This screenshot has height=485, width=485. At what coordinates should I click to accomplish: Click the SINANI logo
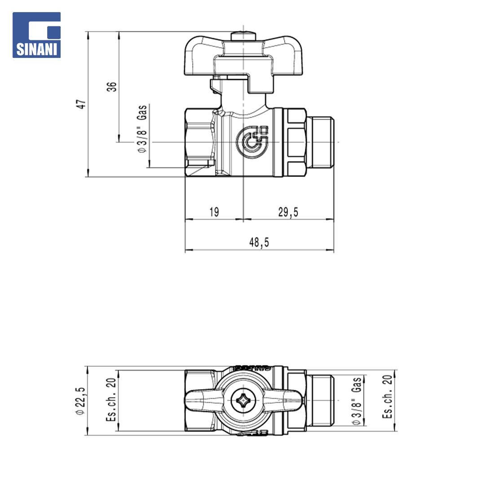(36, 35)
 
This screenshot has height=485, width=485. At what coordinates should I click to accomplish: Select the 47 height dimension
(81, 104)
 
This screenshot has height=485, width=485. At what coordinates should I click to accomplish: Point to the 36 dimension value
(112, 87)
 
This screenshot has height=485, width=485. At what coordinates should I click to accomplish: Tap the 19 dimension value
(214, 212)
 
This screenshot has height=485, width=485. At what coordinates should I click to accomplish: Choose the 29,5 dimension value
(288, 212)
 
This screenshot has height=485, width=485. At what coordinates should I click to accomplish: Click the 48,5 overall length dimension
(259, 242)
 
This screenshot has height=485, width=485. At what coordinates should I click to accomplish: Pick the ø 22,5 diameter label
(80, 401)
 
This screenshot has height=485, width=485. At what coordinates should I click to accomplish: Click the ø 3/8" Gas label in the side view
(142, 129)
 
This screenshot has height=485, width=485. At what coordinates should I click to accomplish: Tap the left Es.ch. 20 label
(111, 400)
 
